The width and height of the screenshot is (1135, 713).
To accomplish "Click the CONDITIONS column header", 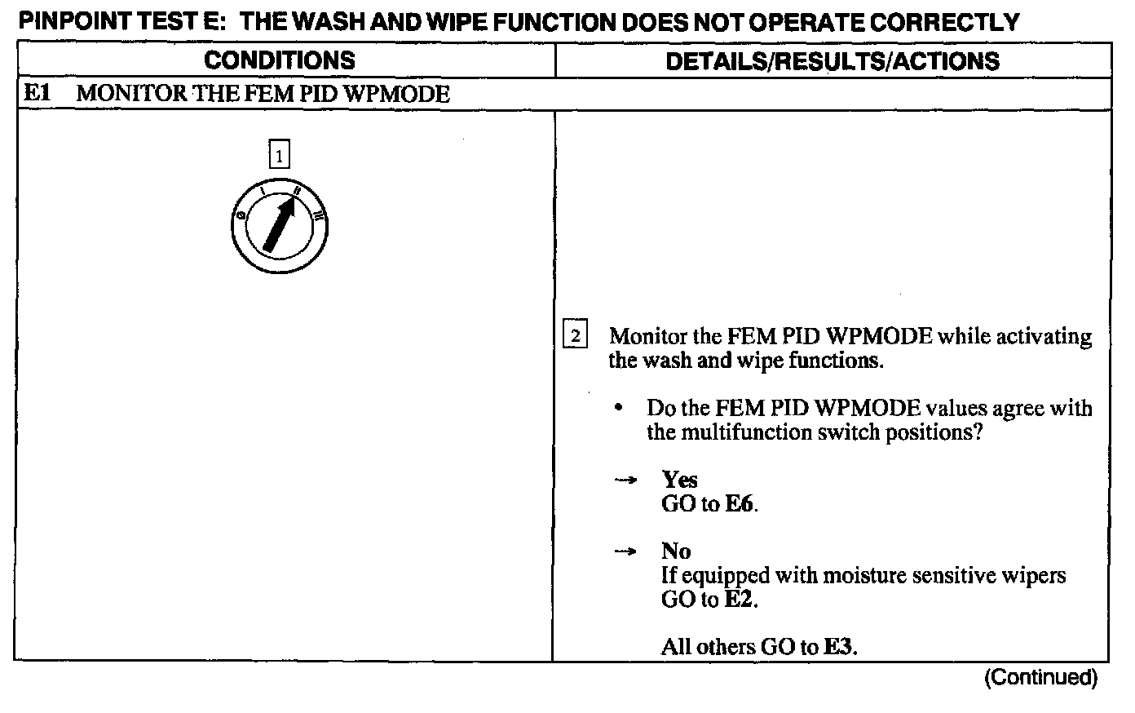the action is pyautogui.click(x=279, y=60).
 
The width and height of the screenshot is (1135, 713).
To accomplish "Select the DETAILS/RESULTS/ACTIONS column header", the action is pyautogui.click(x=832, y=60).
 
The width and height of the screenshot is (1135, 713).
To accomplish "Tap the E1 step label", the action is pyautogui.click(x=37, y=94).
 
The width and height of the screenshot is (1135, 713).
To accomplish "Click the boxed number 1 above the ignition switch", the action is pyautogui.click(x=280, y=155).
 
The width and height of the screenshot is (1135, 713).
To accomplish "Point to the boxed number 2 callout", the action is pyautogui.click(x=575, y=336).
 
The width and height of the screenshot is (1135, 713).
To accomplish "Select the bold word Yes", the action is pyautogui.click(x=679, y=480).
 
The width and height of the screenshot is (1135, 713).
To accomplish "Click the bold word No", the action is pyautogui.click(x=676, y=551).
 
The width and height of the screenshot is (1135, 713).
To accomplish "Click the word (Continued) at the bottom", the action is pyautogui.click(x=1041, y=677).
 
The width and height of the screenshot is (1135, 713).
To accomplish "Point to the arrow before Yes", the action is pyautogui.click(x=625, y=480).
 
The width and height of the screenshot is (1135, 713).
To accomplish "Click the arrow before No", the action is pyautogui.click(x=625, y=552).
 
